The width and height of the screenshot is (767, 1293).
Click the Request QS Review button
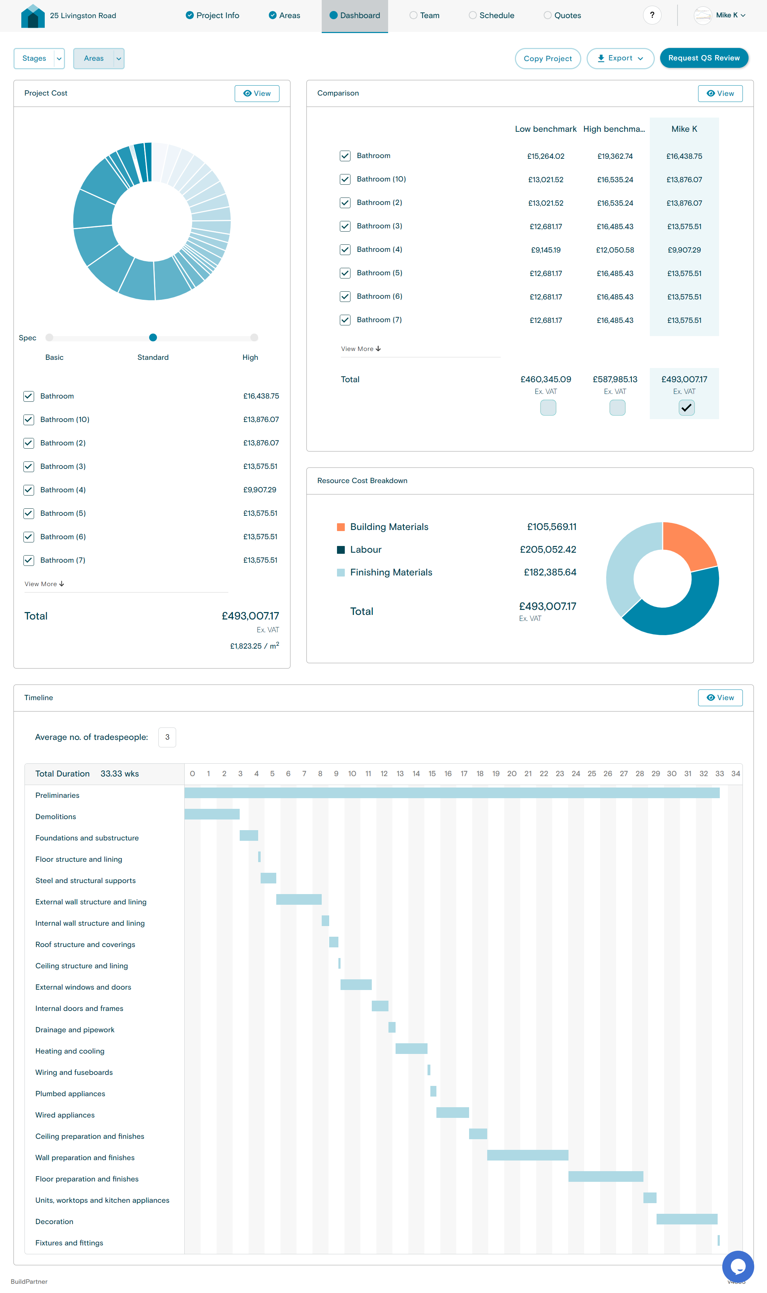coord(703,58)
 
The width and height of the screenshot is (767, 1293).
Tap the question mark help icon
coord(652,15)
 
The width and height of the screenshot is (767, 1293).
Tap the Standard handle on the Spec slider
coord(153,337)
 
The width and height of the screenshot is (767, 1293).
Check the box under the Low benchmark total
coord(548,408)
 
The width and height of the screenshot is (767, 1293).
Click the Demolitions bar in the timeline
coord(212,814)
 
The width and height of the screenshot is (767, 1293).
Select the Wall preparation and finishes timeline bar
coord(527,1155)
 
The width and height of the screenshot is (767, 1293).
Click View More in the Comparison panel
coord(361,349)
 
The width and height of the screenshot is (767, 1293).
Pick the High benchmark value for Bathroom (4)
coord(615,250)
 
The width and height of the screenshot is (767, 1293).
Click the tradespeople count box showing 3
coord(167,737)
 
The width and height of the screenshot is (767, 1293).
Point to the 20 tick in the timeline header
coord(512,773)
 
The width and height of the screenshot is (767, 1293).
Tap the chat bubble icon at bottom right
coord(738,1266)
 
